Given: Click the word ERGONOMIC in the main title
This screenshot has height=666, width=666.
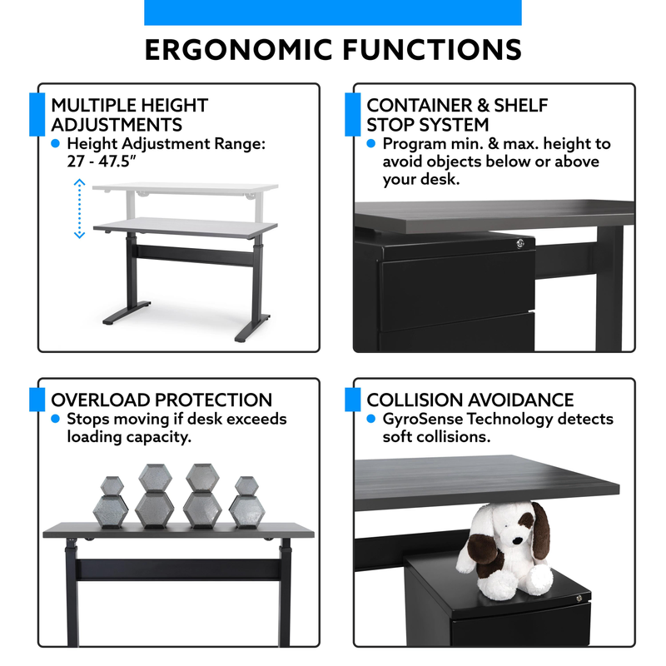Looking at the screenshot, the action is [238, 50].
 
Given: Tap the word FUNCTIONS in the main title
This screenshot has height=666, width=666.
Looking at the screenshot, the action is [432, 50].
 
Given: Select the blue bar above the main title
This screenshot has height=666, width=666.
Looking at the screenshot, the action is [333, 12].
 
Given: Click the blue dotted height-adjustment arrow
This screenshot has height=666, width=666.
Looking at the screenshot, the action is [79, 209].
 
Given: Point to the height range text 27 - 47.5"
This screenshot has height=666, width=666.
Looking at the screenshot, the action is [101, 162].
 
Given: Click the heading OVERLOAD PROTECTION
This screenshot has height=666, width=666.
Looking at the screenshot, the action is [162, 400].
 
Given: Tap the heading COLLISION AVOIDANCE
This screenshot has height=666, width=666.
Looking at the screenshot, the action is [470, 400].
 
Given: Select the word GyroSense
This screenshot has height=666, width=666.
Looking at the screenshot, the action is [423, 420].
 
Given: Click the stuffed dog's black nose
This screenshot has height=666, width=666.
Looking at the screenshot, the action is [516, 541].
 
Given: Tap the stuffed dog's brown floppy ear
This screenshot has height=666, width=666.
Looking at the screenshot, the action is [540, 529].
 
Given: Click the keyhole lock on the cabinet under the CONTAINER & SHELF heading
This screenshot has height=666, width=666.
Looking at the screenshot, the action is [519, 243].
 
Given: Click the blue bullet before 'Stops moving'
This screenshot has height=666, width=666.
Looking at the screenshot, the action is [55, 419].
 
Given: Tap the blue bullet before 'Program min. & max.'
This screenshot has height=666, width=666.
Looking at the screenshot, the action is [370, 143].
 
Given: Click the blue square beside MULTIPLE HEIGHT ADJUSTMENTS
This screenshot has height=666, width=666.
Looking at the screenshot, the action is [37, 114].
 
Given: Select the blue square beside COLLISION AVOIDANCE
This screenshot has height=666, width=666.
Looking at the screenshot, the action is [352, 400].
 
